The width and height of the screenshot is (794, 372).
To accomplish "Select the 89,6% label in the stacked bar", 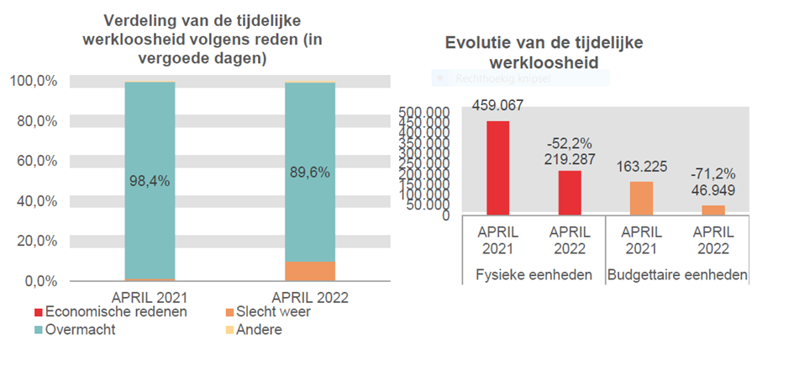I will [x=310, y=173].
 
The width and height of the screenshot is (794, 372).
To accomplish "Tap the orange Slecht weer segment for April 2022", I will [x=310, y=271].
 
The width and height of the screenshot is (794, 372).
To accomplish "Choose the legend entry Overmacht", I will [x=81, y=329].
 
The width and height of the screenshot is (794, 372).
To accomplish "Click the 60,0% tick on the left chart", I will [x=34, y=161].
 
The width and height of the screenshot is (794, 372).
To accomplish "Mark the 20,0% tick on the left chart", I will [x=34, y=241].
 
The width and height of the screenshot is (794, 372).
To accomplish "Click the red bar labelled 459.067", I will [x=498, y=168].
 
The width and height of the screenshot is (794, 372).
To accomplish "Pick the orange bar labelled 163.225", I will [x=643, y=199].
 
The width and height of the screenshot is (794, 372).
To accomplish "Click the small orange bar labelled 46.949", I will [x=713, y=210].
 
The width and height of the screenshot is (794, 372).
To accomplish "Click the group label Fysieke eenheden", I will [x=534, y=275].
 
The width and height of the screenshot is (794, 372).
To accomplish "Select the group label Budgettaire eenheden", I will [x=677, y=275].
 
